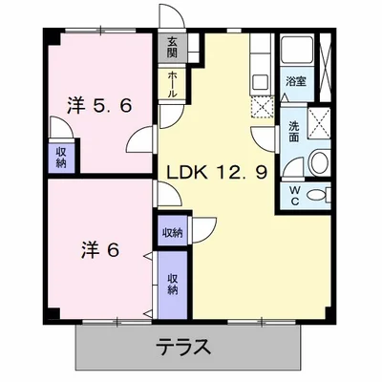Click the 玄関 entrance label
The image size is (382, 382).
tap(172, 47)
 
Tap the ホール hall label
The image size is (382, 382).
tap(172, 83)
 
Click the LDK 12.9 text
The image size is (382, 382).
tap(222, 173)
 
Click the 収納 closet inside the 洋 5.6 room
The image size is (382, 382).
tap(61, 158)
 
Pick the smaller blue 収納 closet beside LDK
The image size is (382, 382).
tap(172, 232)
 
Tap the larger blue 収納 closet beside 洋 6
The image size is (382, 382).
tap(173, 284)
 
